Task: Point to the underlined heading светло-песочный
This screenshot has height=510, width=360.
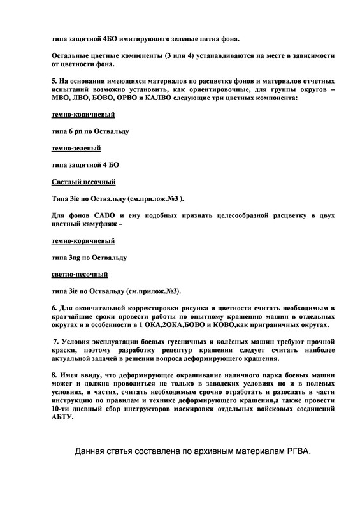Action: (x=79, y=275)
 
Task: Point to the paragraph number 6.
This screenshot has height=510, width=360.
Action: (x=54, y=309)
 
